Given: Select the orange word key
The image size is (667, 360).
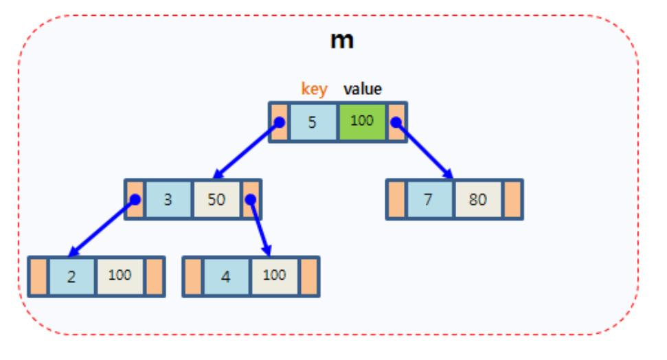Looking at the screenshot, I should (x=315, y=89).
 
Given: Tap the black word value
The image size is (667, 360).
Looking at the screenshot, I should (x=363, y=89).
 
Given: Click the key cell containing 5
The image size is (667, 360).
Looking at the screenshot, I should (x=313, y=122).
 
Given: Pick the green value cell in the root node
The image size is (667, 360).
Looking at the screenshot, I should (x=363, y=122).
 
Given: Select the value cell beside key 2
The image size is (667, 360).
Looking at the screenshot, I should (x=121, y=276).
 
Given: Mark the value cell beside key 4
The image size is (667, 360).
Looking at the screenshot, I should (x=275, y=276).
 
